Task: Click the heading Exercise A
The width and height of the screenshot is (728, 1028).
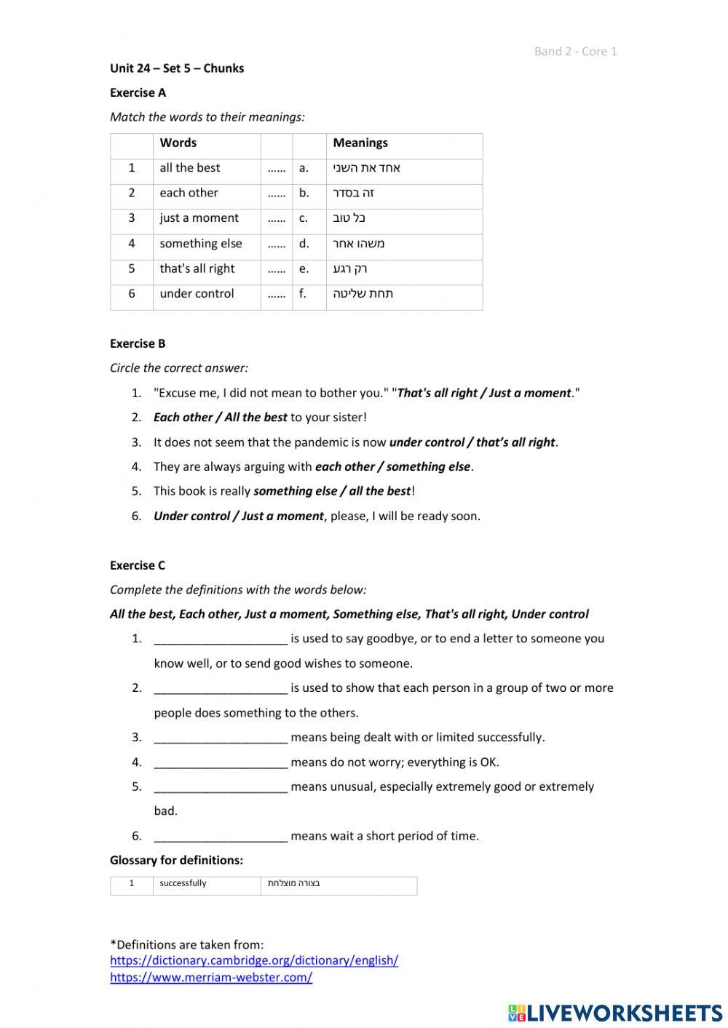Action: pos(138,92)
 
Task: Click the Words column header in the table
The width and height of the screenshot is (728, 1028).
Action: pos(178,143)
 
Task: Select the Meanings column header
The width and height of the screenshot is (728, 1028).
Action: pos(360,143)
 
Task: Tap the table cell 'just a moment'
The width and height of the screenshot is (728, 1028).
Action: pos(199,218)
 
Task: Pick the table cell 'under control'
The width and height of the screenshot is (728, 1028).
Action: pos(197,294)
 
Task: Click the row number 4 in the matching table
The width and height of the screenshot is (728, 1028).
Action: pos(132,244)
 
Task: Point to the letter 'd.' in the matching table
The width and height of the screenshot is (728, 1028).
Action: pos(304,244)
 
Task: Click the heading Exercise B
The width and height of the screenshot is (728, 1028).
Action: pos(138,343)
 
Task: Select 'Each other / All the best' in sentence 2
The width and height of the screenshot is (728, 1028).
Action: pos(220,418)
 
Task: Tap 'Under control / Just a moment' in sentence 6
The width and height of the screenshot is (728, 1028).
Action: pos(238,517)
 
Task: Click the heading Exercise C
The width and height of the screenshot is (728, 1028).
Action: pos(138,565)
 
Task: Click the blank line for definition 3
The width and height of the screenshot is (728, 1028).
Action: pos(221,738)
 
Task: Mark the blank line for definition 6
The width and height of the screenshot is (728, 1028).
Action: pos(221,837)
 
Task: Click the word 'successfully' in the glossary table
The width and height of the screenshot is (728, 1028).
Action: pos(183,883)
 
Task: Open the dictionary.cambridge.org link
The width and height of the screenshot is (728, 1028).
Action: pos(254,960)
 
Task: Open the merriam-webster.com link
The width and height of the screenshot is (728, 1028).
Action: pos(211,978)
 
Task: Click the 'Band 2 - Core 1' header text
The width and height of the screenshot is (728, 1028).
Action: pos(575,51)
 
